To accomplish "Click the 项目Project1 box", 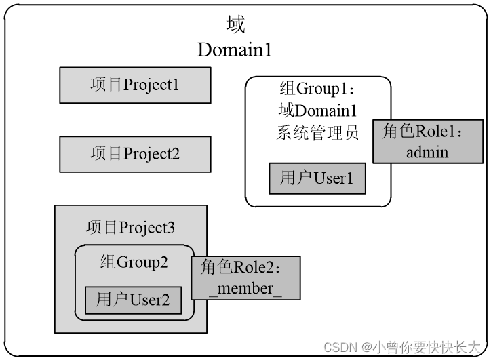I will [x=135, y=85].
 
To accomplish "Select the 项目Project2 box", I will [x=135, y=154].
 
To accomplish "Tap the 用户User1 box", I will [x=317, y=179].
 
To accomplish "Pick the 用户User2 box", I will [x=133, y=300].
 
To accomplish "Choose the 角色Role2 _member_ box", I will [x=245, y=278].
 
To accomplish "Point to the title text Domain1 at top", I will [x=235, y=49].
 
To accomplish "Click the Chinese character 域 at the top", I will [x=235, y=25].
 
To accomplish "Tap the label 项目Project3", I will [x=130, y=227].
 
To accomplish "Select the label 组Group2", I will [x=134, y=262].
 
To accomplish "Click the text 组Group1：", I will [x=317, y=89].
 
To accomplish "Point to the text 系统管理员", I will [x=317, y=132].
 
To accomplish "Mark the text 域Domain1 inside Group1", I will [x=317, y=111].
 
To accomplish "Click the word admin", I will [x=427, y=151].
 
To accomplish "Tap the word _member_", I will [x=245, y=288].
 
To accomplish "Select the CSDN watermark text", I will [x=340, y=348].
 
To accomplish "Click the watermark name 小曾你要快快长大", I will [x=429, y=348].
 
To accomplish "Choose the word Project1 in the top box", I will [x=151, y=85].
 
